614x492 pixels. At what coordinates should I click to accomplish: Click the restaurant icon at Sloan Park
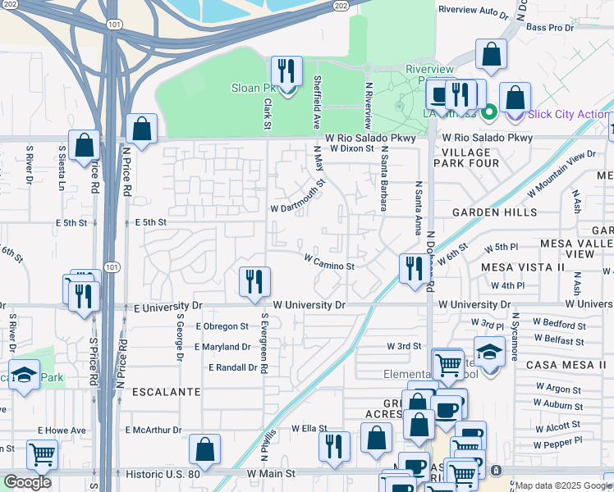pyautogui.click(x=286, y=72)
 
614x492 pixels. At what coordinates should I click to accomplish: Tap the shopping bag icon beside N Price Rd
pyautogui.click(x=142, y=130)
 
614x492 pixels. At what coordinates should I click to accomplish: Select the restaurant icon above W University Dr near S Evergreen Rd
pyautogui.click(x=254, y=282)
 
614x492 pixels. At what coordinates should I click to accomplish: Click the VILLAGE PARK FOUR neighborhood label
pyautogui.click(x=470, y=157)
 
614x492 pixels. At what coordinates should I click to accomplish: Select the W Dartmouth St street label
pyautogui.click(x=298, y=197)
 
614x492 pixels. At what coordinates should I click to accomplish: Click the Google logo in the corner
pyautogui.click(x=28, y=482)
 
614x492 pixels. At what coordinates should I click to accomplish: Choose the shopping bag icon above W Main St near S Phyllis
pyautogui.click(x=204, y=449)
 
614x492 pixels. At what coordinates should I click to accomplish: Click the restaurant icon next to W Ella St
pyautogui.click(x=334, y=446)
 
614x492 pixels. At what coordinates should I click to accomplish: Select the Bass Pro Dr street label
pyautogui.click(x=548, y=28)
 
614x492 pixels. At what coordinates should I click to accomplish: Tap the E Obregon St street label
pyautogui.click(x=222, y=326)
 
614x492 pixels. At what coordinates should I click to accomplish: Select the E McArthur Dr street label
pyautogui.click(x=153, y=430)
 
